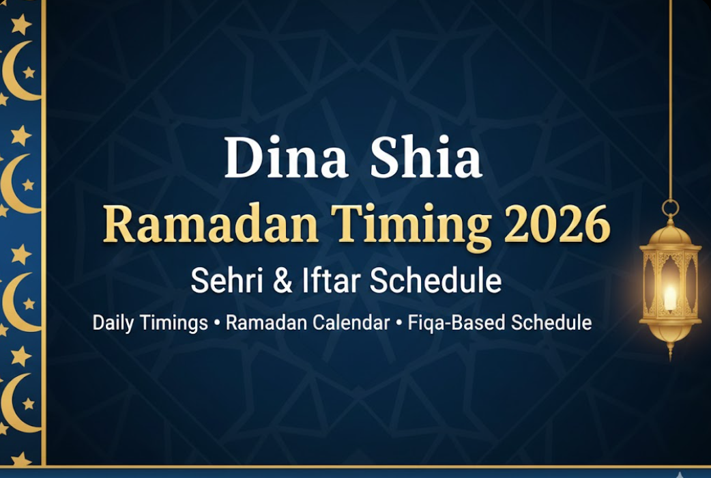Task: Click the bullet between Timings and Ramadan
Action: pyautogui.click(x=217, y=322)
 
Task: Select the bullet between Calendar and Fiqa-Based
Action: pyautogui.click(x=398, y=322)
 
